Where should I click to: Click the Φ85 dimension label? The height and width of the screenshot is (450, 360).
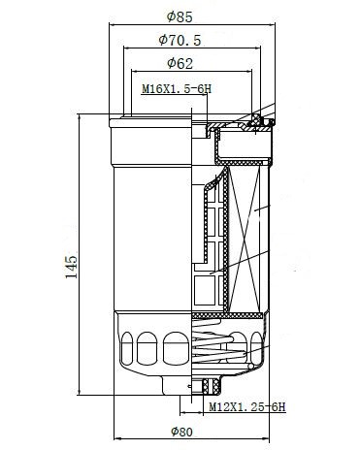tap(180, 16)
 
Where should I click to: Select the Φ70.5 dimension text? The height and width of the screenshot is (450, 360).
tap(180, 40)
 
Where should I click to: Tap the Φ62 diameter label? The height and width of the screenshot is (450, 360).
tap(180, 63)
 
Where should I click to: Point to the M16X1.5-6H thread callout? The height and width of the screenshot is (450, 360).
tap(177, 88)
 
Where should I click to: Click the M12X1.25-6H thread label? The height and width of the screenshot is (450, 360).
tap(247, 406)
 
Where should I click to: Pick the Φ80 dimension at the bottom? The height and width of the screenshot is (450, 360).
tap(181, 432)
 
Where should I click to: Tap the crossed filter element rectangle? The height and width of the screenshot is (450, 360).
tap(245, 240)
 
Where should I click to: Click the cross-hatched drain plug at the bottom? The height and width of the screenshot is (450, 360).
tap(211, 386)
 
